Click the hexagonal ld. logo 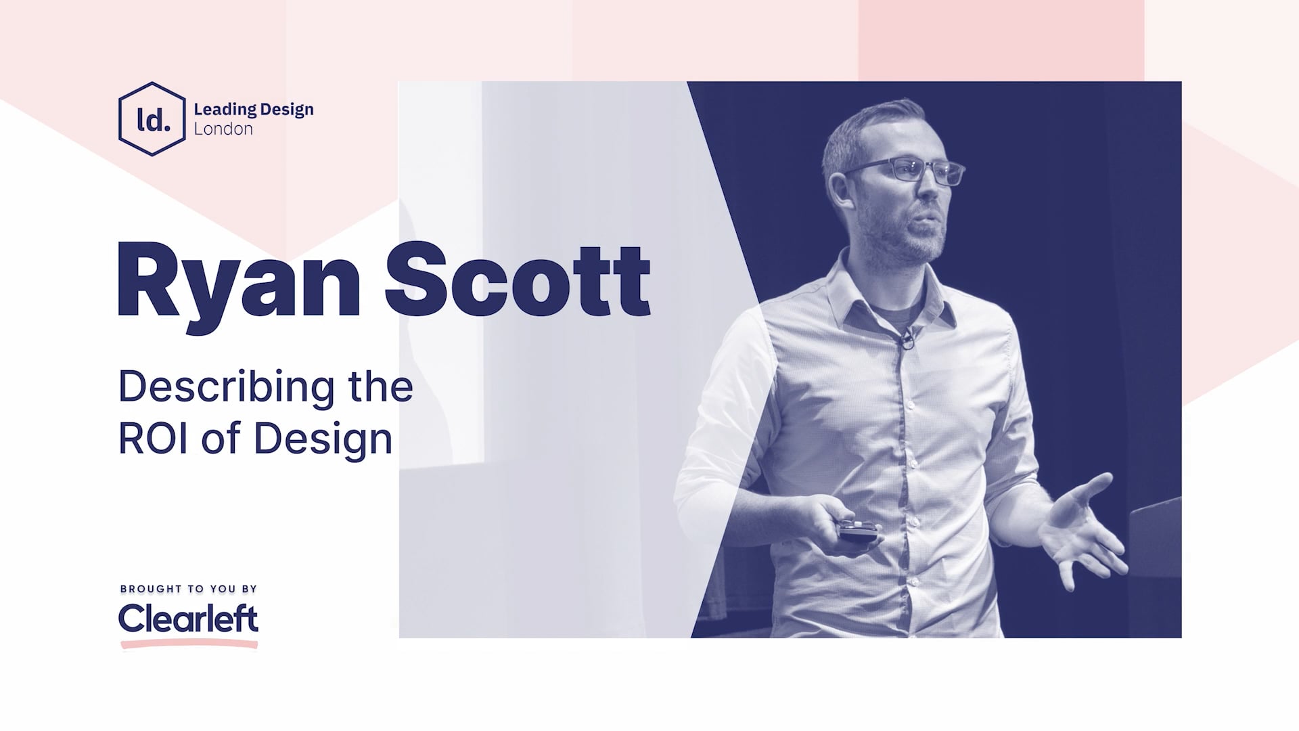click(152, 119)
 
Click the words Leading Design click(253, 109)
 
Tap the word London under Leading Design click(223, 129)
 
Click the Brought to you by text click(189, 589)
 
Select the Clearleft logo click(189, 618)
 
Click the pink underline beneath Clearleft click(189, 645)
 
